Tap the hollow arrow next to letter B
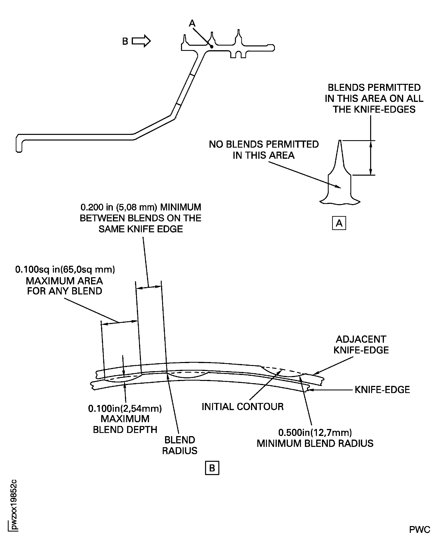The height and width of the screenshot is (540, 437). (141, 41)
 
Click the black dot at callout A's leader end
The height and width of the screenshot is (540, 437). (212, 47)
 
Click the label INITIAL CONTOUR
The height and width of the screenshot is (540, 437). (242, 406)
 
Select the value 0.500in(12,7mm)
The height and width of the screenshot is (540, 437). (315, 432)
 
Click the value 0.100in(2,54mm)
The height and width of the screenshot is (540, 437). (125, 408)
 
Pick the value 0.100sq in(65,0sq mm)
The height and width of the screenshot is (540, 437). (65, 269)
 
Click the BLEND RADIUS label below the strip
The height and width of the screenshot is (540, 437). (180, 445)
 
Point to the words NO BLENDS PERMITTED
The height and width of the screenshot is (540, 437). (264, 144)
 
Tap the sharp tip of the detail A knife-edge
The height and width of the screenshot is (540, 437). (340, 141)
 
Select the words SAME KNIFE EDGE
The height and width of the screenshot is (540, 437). (141, 229)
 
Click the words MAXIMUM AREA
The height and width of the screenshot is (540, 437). (64, 281)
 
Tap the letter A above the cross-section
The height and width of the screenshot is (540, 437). (192, 23)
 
